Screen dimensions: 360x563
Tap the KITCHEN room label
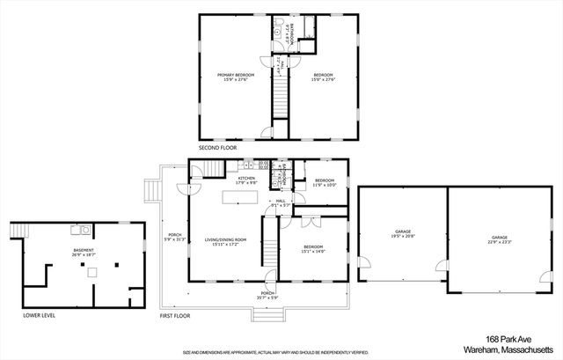[x=246, y=179]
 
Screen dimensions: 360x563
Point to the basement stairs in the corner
[x=20, y=231]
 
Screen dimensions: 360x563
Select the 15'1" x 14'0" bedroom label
[x=314, y=249]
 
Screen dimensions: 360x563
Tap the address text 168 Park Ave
[x=511, y=339]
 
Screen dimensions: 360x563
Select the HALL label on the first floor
[x=281, y=202]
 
